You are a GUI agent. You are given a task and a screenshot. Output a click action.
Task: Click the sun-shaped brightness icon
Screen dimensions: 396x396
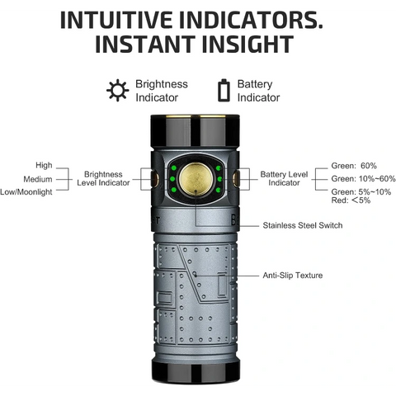coord(117,90)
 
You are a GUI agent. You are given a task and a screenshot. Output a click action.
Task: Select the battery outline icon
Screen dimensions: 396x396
coord(223,90)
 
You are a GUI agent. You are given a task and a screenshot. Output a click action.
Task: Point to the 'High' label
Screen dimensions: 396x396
coord(44,165)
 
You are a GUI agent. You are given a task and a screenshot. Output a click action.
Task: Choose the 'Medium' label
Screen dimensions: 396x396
coord(38,179)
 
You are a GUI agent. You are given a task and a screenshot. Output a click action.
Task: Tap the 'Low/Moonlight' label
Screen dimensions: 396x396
coord(27,192)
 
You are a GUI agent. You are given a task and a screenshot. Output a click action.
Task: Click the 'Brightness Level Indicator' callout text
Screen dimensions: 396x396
coord(103,179)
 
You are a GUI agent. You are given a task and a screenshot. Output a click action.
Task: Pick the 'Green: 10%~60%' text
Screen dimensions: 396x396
coord(363,179)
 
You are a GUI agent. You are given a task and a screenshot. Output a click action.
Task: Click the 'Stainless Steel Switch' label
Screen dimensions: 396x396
coord(302,225)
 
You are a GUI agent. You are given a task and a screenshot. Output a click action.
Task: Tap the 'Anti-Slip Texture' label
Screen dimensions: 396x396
coord(292,276)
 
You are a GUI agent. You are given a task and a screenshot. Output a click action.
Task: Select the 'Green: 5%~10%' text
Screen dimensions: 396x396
coord(361,191)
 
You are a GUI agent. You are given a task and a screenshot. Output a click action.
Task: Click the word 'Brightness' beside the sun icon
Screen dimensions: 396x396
coord(162,84)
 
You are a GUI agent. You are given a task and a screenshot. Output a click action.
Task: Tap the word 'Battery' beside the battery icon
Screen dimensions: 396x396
coord(254,84)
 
